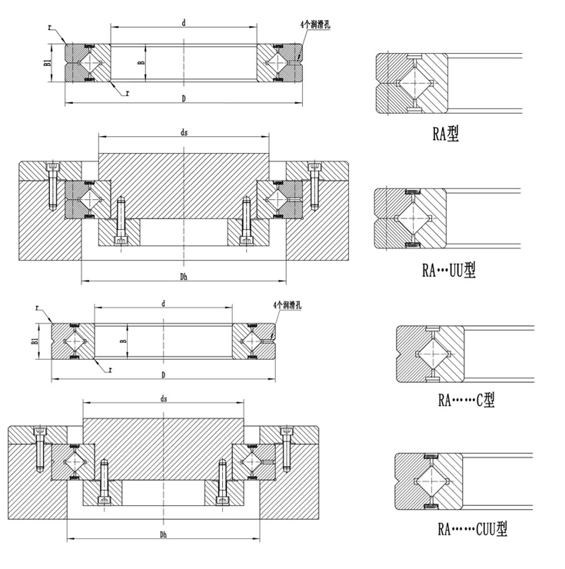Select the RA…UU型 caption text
click(449, 270)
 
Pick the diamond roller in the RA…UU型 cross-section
click(416, 218)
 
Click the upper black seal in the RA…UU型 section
click(414, 192)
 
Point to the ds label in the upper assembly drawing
click(184, 132)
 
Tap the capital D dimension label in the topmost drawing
click(183, 98)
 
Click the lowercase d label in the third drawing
click(164, 304)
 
